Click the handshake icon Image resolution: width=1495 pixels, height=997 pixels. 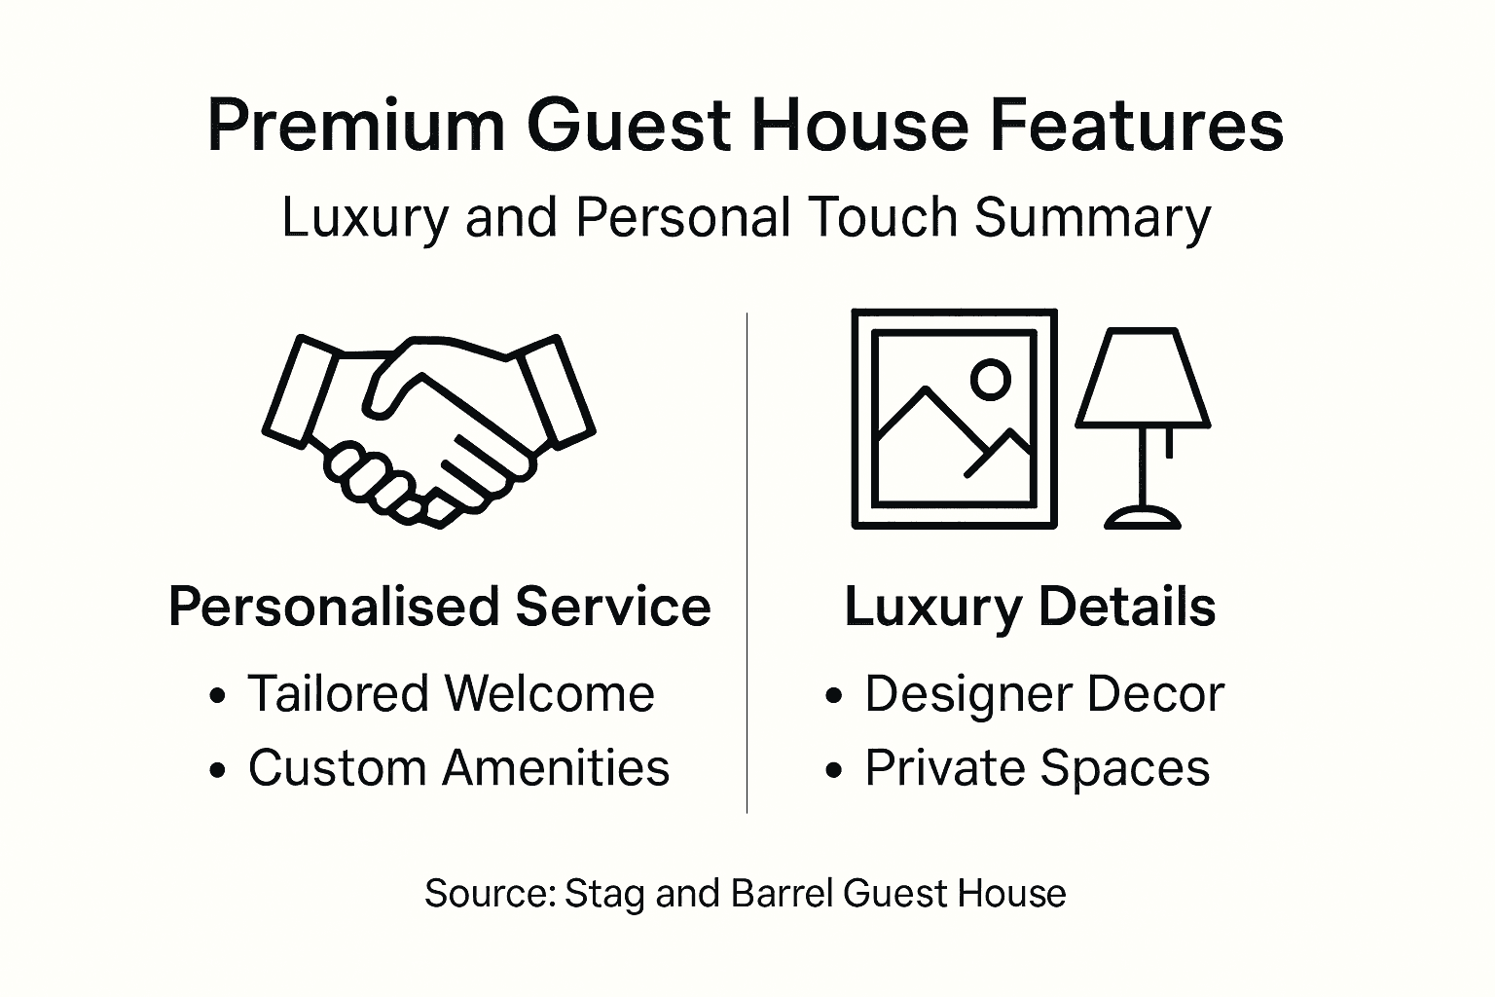[428, 429]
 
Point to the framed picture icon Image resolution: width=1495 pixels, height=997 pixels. [954, 419]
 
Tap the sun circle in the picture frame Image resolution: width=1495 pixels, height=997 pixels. [991, 380]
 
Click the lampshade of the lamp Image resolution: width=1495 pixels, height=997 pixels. [1143, 380]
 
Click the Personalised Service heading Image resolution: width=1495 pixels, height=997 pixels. [439, 607]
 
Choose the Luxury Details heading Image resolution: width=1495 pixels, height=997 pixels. [1030, 607]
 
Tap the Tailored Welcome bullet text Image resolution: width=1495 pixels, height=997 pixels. [451, 694]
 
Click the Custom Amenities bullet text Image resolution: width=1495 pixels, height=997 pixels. [458, 768]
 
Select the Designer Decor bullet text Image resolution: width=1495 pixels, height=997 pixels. [1044, 694]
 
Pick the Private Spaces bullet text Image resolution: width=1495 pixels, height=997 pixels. [1038, 768]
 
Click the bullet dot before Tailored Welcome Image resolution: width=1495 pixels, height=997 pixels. [218, 697]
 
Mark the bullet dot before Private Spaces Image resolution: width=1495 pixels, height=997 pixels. [833, 771]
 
